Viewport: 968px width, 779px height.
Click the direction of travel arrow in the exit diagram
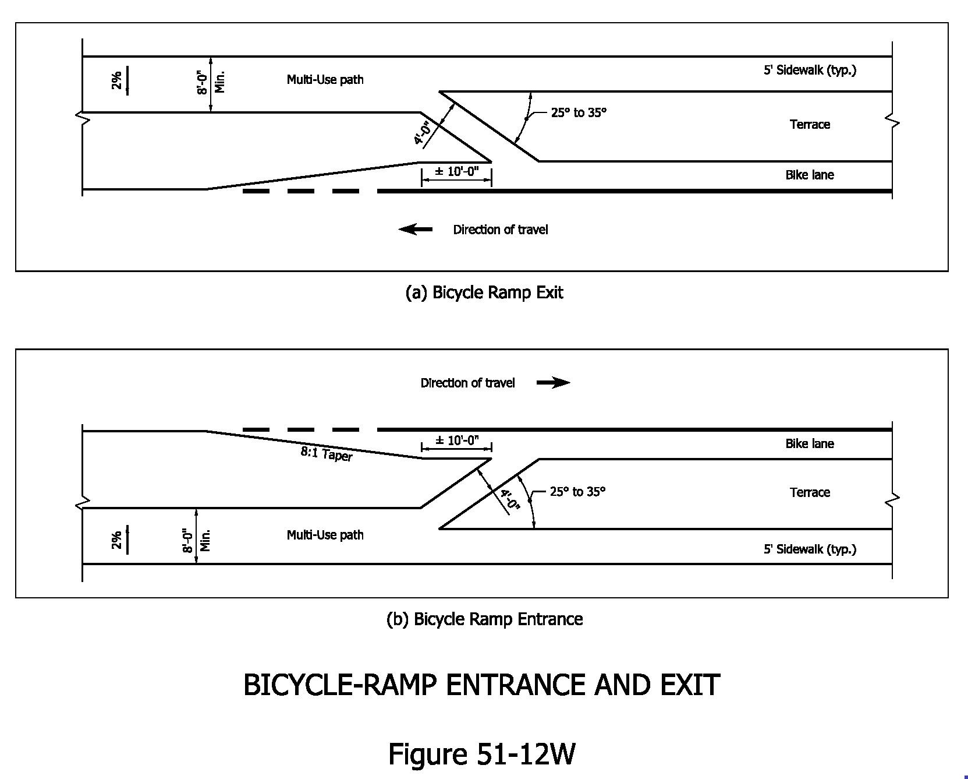click(416, 230)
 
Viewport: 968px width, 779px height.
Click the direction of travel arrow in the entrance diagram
click(553, 383)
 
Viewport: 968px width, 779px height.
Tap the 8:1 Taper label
click(327, 453)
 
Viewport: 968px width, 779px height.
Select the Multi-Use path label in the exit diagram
click(325, 80)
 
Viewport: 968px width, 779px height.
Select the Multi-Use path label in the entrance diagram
click(325, 535)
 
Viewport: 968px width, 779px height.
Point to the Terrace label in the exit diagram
click(810, 125)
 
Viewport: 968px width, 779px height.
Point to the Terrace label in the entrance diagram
click(810, 492)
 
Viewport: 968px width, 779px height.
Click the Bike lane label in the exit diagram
click(810, 175)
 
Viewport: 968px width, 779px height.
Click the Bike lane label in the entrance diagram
click(810, 444)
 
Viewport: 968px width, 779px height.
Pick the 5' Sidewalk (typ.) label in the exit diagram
click(810, 71)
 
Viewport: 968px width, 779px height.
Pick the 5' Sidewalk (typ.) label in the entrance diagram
click(810, 549)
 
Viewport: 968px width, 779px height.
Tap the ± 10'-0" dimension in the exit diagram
click(456, 172)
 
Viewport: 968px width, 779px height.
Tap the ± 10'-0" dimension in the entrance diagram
click(456, 440)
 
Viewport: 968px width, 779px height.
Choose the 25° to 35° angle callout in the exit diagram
click(579, 112)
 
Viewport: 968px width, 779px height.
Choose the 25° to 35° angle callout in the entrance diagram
click(577, 492)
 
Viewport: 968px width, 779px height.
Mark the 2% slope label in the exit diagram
click(117, 80)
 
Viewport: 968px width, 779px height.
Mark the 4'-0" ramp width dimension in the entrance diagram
click(509, 499)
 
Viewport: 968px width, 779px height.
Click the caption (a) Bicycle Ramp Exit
click(484, 292)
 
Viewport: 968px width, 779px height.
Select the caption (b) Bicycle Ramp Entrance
click(484, 619)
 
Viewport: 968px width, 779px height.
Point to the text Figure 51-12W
click(481, 753)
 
